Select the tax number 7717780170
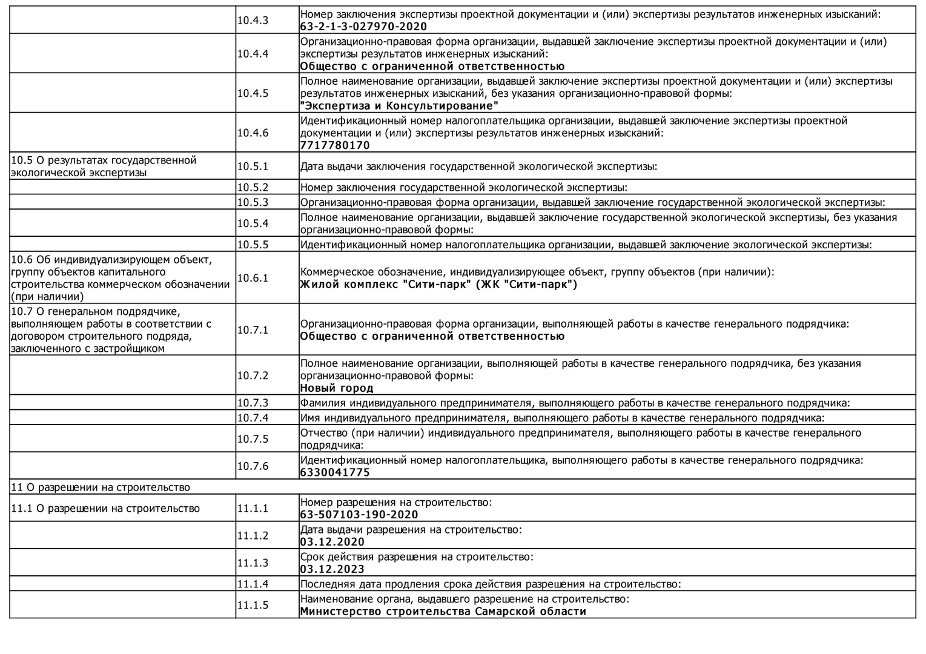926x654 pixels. (x=335, y=145)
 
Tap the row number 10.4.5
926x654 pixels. (x=253, y=93)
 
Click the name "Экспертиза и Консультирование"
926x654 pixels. (x=399, y=106)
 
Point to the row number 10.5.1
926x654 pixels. (x=253, y=166)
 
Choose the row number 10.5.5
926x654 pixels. (x=253, y=245)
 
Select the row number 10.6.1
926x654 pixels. (x=253, y=278)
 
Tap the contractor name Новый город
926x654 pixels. (x=337, y=388)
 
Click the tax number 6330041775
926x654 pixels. (x=335, y=472)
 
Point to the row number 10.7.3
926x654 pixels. (x=253, y=403)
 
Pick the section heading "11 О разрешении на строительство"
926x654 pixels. (x=101, y=487)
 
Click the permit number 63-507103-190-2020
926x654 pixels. (x=359, y=515)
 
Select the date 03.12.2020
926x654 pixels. (x=332, y=542)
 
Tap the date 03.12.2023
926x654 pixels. (x=332, y=569)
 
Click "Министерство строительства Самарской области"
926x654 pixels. (x=443, y=612)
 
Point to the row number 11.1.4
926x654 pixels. (x=253, y=584)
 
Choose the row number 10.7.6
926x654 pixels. (x=253, y=466)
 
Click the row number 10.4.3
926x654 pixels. (x=253, y=21)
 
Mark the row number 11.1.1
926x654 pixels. (x=253, y=509)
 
